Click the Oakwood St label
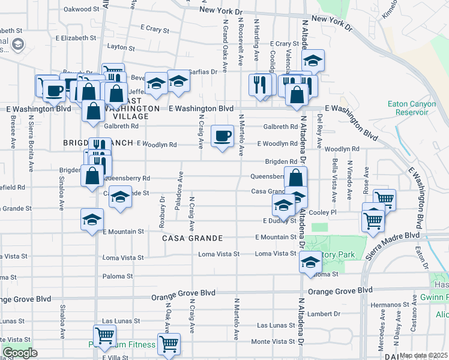tap(81, 9)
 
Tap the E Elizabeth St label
tap(50, 38)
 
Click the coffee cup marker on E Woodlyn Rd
tap(223, 136)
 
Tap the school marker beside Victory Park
tap(310, 262)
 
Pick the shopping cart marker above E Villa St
tap(104, 335)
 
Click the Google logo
tap(20, 353)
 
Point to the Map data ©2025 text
tap(423, 355)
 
